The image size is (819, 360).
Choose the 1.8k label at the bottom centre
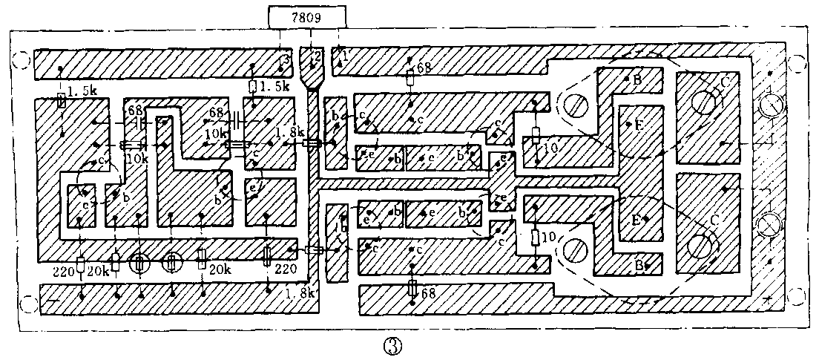[x=300, y=293]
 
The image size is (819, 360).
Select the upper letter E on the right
[x=638, y=125]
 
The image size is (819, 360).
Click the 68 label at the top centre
[x=424, y=68]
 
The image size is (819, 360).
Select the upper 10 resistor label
[x=550, y=148]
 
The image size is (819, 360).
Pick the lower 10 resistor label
[x=550, y=237]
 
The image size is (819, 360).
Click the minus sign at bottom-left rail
[x=53, y=301]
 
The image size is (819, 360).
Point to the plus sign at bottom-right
[x=767, y=299]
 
